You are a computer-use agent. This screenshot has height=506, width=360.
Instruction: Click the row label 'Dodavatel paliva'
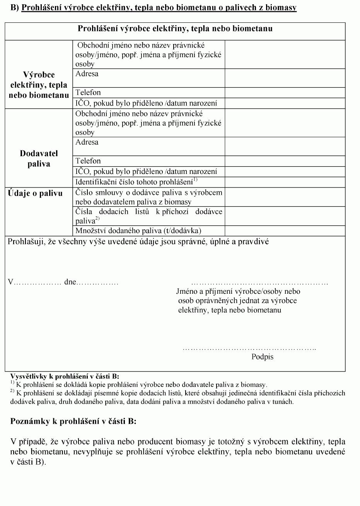(39, 158)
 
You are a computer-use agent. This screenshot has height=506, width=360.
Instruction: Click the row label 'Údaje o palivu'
(35, 193)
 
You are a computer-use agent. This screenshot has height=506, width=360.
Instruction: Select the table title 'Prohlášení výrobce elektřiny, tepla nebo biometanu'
(175, 29)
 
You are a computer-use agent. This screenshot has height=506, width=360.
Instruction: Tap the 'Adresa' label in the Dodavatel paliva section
(87, 142)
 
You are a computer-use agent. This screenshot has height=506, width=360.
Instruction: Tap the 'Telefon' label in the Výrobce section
(88, 92)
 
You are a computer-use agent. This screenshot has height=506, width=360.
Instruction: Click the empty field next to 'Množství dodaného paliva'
(285, 231)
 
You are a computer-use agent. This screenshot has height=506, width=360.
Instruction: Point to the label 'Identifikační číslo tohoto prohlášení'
(136, 182)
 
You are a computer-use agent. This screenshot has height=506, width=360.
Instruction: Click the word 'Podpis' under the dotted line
(262, 357)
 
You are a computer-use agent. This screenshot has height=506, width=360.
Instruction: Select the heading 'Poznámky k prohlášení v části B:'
(73, 421)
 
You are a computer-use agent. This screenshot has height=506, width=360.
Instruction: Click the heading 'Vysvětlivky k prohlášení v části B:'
(65, 377)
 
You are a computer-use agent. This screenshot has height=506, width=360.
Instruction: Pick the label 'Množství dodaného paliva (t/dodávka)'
(138, 231)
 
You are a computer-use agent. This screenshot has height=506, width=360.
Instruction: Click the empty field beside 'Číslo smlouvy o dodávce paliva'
(285, 197)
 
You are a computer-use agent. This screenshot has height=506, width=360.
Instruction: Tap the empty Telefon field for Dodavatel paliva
(285, 161)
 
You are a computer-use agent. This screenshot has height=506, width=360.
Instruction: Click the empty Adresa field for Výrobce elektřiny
(285, 78)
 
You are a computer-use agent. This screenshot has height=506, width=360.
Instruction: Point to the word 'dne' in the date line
(70, 282)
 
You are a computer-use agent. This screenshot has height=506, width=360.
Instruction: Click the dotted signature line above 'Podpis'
(249, 349)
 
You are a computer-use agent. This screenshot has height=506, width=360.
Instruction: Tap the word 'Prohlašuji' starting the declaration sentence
(26, 242)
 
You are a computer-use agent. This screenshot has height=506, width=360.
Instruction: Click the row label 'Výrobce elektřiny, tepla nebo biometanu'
(39, 85)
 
